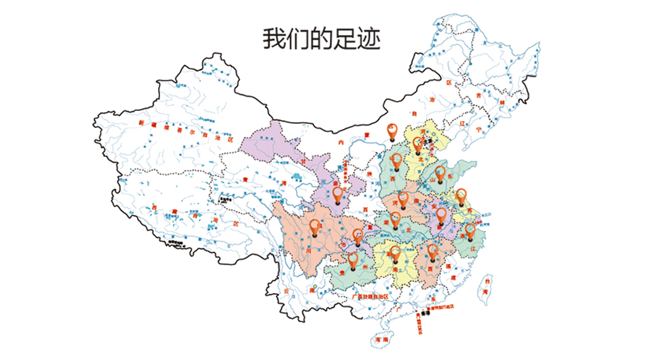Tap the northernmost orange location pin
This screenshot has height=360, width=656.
tap(393, 131)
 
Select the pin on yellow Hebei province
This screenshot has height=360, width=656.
tap(417, 144)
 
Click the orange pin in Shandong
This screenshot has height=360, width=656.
tap(440, 173)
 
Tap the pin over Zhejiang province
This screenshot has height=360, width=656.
tap(470, 230)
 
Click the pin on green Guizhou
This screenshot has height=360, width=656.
tap(354, 260)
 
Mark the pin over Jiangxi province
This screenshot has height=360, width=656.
tap(432, 251)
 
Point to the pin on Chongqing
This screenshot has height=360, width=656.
tap(358, 235)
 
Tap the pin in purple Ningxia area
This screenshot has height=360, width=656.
tap(338, 195)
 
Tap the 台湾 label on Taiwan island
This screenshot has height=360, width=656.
tap(486, 286)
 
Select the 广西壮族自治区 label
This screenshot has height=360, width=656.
tap(370, 296)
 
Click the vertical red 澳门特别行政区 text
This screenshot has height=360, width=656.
tap(419, 325)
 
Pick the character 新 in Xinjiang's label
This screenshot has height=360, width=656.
tap(140, 123)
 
